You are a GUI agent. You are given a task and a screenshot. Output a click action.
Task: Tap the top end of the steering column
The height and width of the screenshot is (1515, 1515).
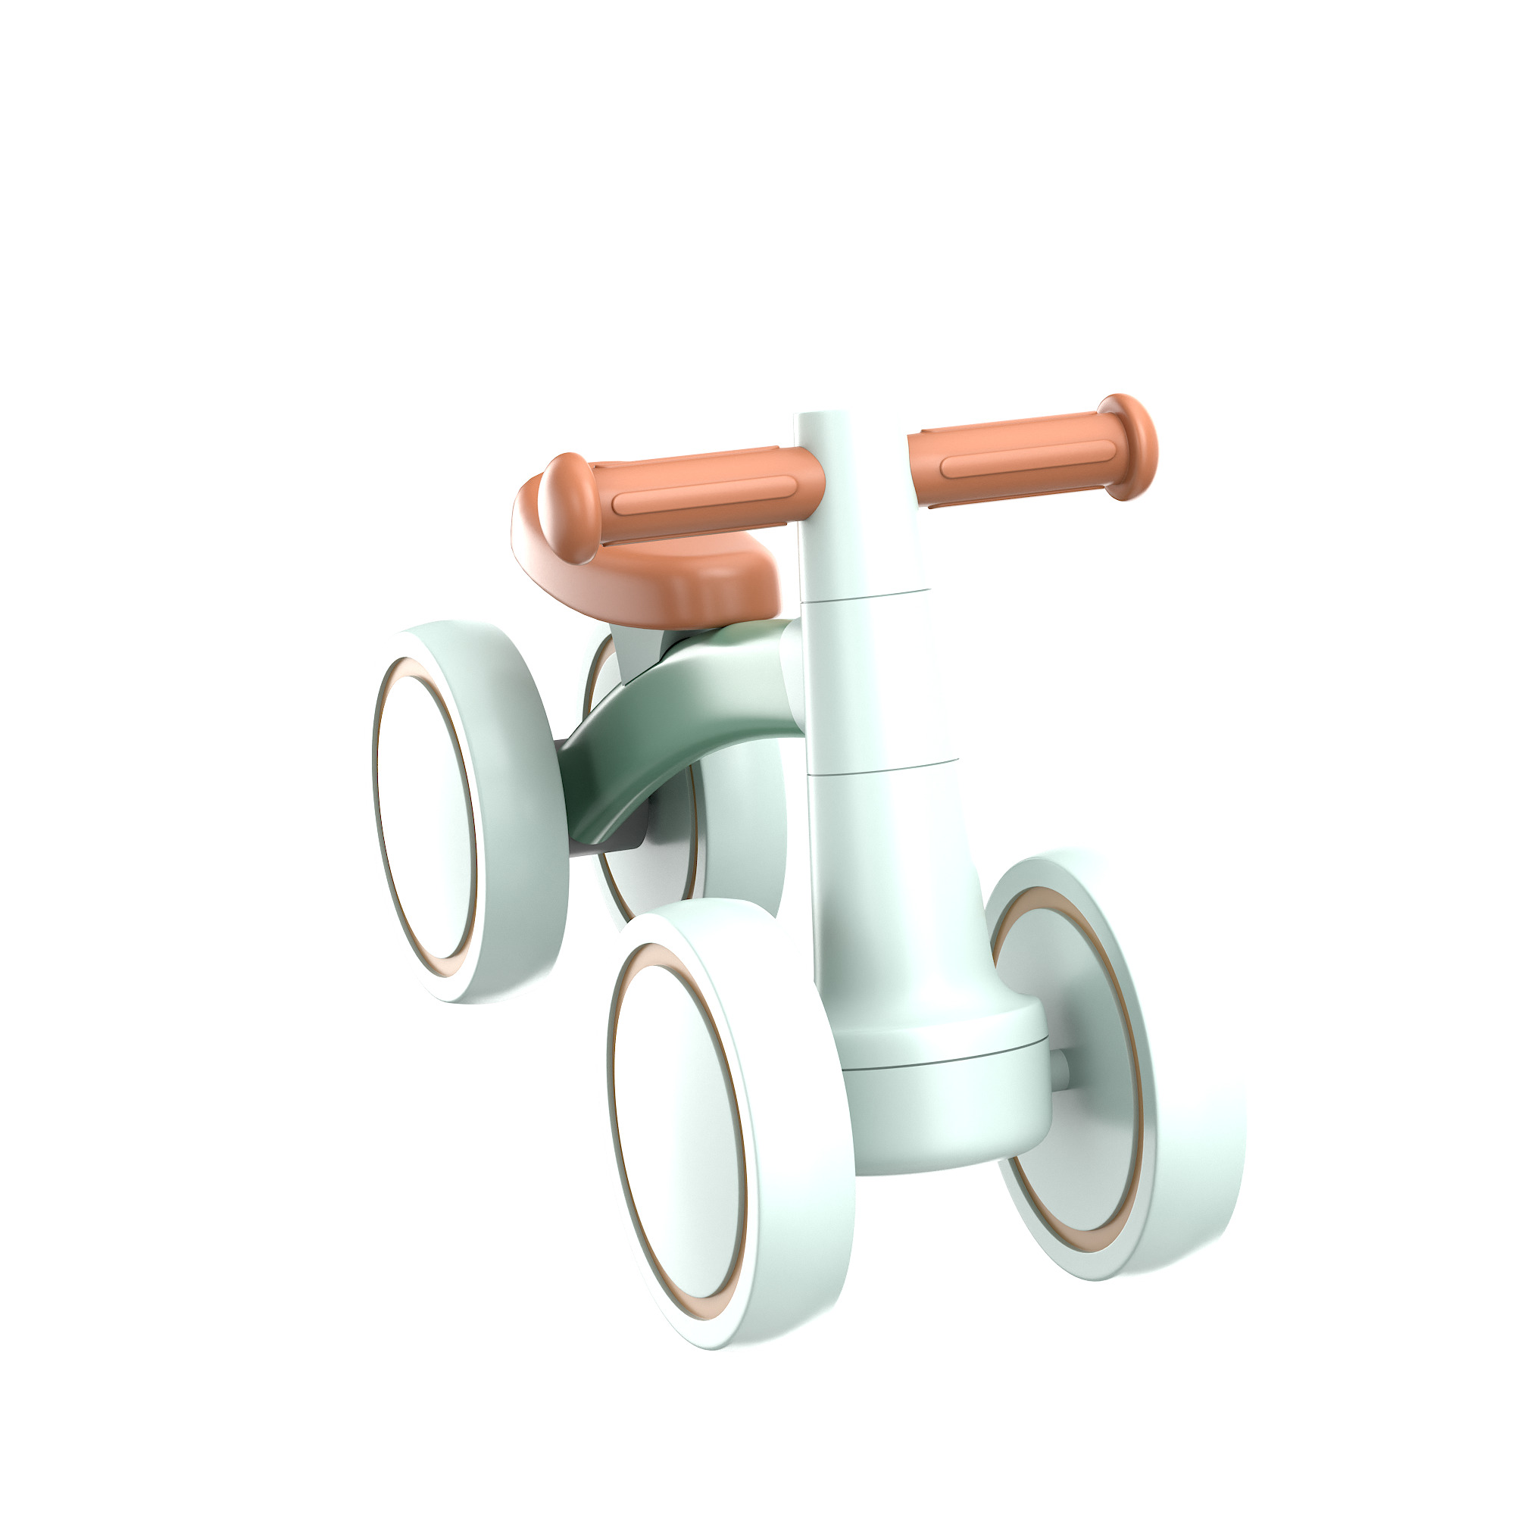tap(823, 419)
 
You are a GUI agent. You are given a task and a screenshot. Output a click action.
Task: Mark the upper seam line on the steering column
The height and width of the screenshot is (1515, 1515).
tap(863, 595)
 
